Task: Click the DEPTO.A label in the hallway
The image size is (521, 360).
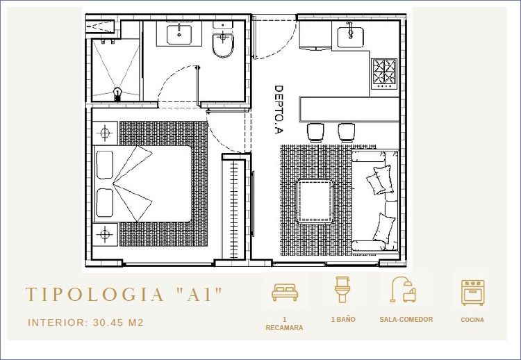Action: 279,110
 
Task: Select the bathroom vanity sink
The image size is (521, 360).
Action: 179,35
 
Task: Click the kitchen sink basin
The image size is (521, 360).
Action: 351,38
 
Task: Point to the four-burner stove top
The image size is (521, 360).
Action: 384,74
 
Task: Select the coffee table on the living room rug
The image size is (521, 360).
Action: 315,200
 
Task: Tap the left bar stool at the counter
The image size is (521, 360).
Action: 315,133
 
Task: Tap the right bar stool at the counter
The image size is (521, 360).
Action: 347,133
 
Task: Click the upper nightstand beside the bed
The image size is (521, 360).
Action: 105,133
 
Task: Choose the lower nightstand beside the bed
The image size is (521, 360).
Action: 105,234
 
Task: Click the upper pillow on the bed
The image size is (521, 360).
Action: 105,165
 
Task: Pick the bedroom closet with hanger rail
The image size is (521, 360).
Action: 235,208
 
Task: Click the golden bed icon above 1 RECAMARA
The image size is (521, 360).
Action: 285,292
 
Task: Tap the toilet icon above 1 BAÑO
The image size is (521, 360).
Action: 342,290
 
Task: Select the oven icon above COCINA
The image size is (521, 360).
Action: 472,293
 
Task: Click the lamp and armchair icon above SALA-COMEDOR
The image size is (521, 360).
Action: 403,290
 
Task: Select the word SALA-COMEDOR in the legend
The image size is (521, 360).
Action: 406,320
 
